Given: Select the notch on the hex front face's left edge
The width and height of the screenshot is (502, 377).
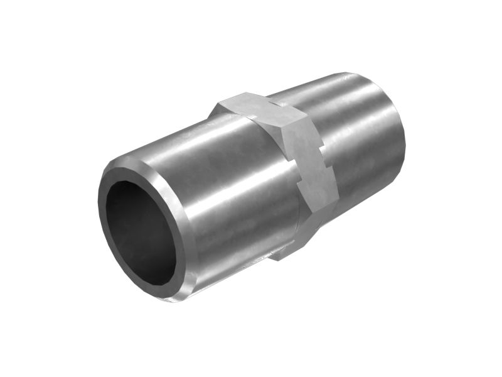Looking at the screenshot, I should [299, 182].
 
